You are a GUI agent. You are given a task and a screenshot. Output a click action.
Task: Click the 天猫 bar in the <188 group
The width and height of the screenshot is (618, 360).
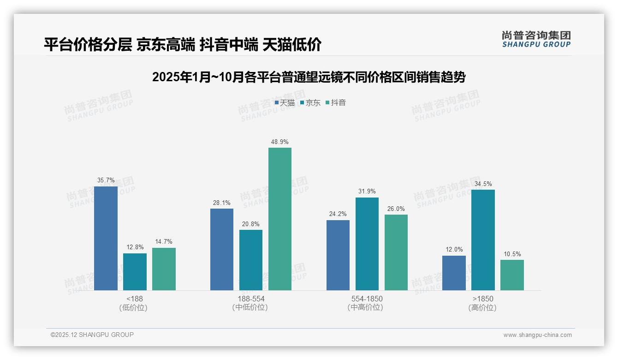pos(106,238)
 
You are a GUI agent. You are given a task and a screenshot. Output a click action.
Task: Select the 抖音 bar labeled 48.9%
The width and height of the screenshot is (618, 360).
pos(280,219)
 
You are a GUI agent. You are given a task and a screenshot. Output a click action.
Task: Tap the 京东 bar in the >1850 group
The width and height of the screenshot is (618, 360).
pos(483,240)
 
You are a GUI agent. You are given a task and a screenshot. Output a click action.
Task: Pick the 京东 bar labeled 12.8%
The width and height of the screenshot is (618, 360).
pos(135,272)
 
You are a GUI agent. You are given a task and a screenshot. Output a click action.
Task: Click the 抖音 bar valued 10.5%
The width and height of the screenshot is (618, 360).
pos(512,275)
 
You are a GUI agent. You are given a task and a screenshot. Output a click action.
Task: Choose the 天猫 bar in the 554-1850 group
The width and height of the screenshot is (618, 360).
pos(338,255)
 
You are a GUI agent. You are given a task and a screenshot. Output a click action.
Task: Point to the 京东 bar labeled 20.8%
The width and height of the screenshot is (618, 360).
pos(251,260)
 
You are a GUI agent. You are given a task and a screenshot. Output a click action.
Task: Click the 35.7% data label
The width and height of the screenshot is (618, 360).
pos(106,180)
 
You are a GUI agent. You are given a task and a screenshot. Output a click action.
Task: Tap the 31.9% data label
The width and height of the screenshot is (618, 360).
pos(367,192)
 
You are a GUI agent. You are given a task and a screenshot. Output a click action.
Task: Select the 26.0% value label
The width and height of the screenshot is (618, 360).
pos(396,209)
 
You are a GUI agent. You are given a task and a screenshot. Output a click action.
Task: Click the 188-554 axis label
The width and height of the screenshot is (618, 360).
pos(251,299)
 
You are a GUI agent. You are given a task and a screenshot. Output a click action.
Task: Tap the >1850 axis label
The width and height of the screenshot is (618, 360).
pos(482,299)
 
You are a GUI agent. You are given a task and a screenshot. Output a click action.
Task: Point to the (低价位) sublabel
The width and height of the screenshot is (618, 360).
pos(134,308)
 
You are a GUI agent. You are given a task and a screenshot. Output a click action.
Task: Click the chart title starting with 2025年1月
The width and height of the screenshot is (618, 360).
pos(309,77)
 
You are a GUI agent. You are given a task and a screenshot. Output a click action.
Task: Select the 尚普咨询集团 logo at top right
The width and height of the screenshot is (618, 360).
pos(536,39)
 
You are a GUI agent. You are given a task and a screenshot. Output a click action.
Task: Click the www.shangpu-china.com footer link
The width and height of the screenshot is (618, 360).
pos(537,335)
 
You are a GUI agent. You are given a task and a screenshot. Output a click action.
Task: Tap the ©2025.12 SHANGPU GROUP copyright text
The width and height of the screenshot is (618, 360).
pos(92,335)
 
